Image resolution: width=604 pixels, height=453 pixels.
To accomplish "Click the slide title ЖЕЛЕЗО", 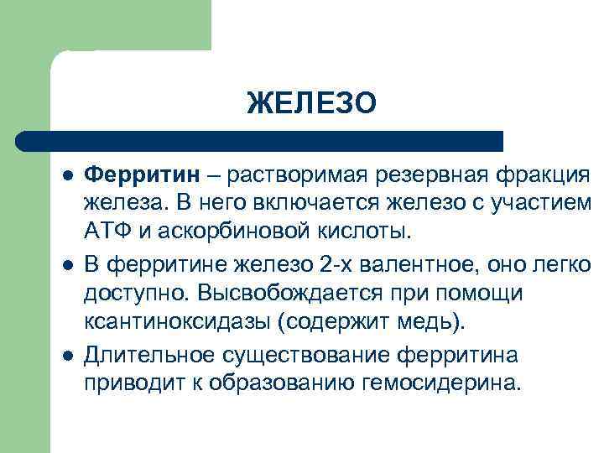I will click(x=312, y=103).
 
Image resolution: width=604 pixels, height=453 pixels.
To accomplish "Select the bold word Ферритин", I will click(x=143, y=174).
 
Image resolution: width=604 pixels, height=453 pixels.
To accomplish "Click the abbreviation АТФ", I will click(x=106, y=230).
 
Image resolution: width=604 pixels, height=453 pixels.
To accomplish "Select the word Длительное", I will click(x=149, y=356).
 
